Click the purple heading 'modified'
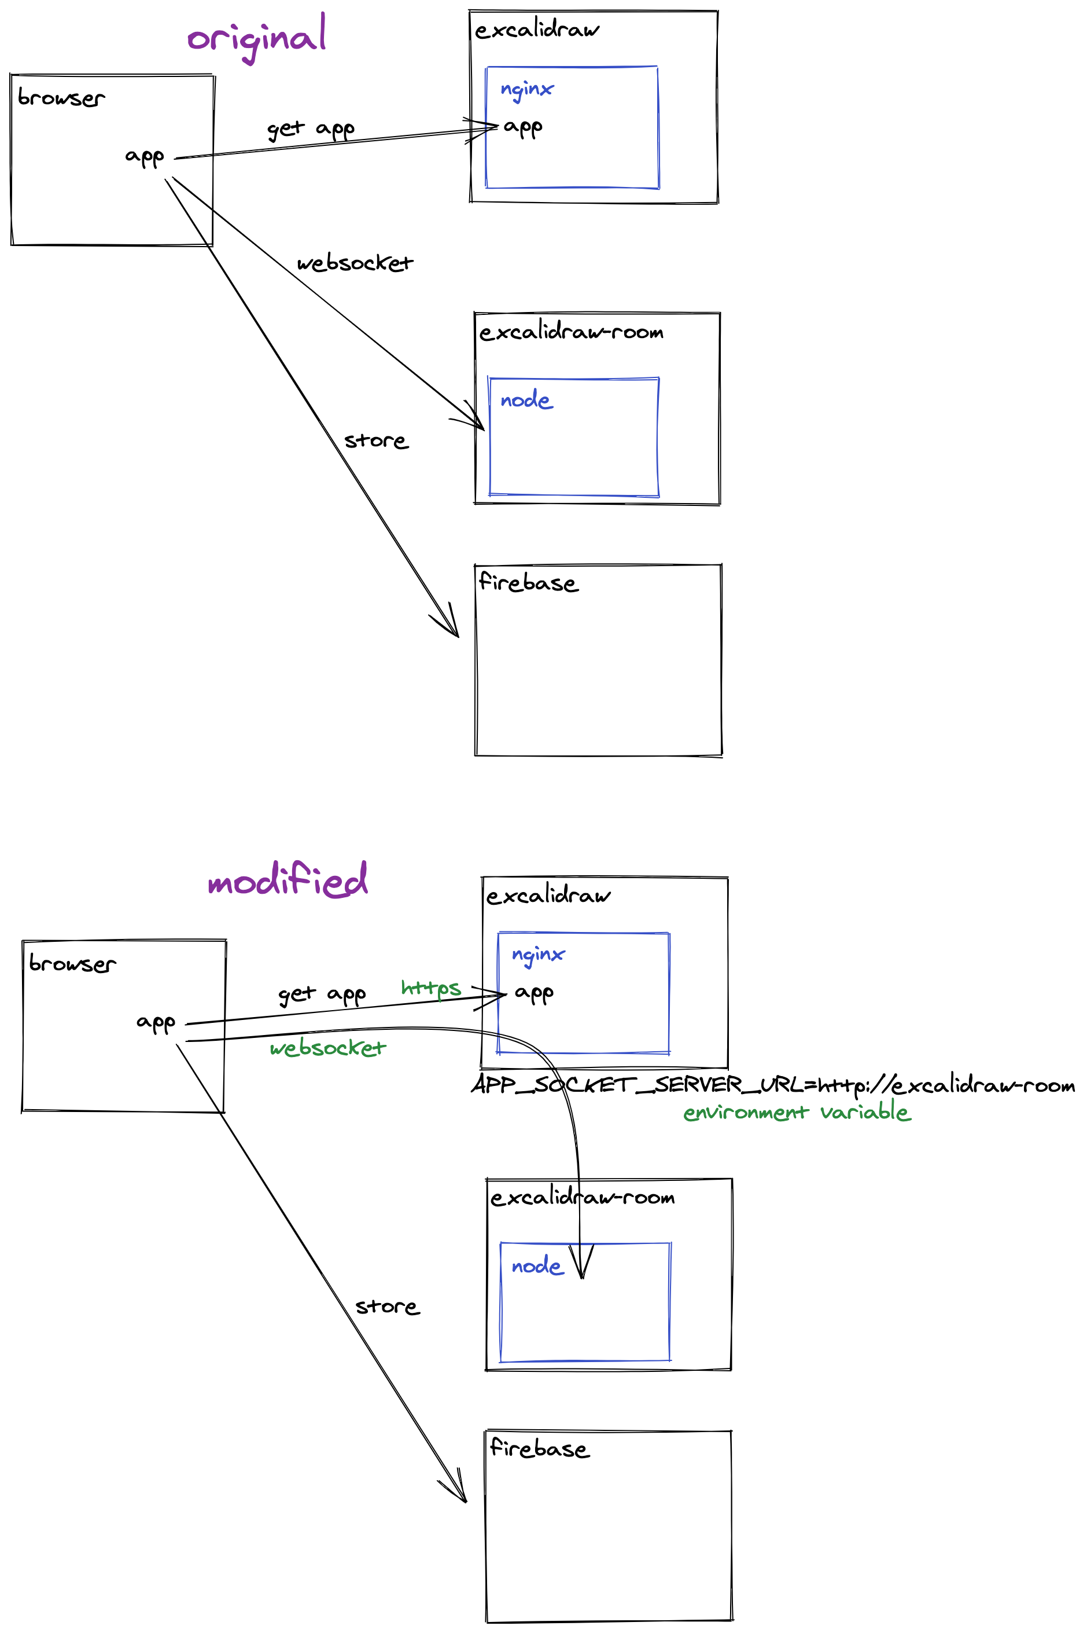(288, 880)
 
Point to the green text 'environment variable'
(797, 1112)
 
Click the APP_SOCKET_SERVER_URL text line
(772, 1084)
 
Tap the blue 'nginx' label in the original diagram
(527, 89)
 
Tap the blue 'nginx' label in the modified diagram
(538, 955)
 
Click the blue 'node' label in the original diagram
(526, 400)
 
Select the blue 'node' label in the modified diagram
(537, 1266)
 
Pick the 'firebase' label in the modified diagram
(539, 1448)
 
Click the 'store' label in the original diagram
(376, 441)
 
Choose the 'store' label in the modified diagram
(387, 1307)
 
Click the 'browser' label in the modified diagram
(72, 964)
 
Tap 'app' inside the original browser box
(144, 157)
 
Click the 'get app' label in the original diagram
(311, 129)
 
